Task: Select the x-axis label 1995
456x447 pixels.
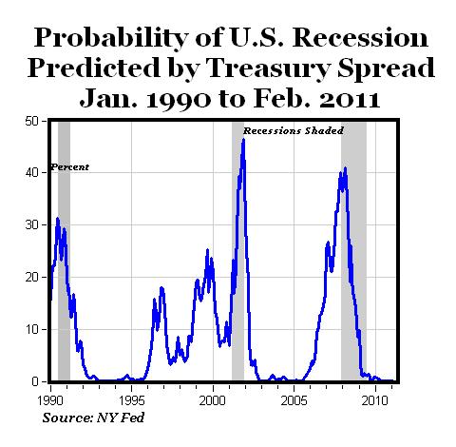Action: pyautogui.click(x=132, y=391)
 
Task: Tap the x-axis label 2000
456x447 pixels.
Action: pyautogui.click(x=213, y=391)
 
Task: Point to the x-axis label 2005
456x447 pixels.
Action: pyautogui.click(x=294, y=391)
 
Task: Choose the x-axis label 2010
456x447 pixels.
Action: pyautogui.click(x=374, y=391)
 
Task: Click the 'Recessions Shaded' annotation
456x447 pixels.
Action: pyautogui.click(x=293, y=130)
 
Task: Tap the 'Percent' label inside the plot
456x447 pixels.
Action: pyautogui.click(x=69, y=167)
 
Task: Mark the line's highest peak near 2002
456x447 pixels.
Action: pyautogui.click(x=243, y=140)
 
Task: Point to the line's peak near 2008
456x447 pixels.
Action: pyautogui.click(x=345, y=168)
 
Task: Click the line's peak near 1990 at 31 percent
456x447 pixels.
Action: pyautogui.click(x=58, y=219)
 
